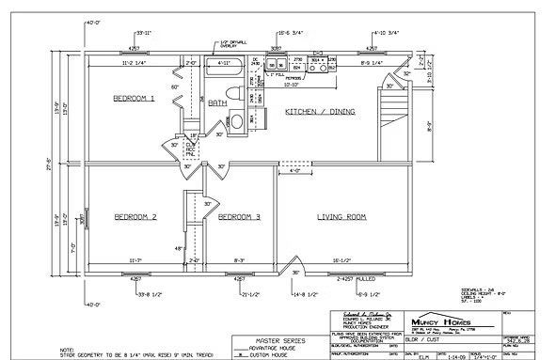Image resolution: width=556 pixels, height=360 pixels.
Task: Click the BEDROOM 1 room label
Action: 134,98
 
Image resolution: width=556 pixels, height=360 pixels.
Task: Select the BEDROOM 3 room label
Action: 238,217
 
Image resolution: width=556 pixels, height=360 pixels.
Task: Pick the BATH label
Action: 218,103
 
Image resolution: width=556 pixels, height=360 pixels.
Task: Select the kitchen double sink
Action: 278,66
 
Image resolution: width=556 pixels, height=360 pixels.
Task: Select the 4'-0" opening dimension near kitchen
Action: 296,170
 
